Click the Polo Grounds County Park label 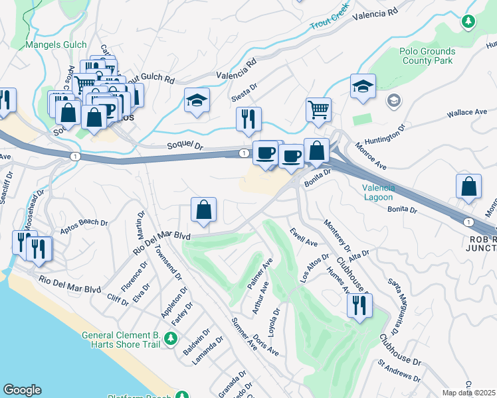pos(427,56)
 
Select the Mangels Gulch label pos(56,45)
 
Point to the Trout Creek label pos(330,19)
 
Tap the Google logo pos(22,390)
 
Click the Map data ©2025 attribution pos(468,393)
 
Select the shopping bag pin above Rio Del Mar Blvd pos(203,210)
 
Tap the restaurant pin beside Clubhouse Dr pos(359,306)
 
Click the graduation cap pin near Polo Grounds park pos(363,87)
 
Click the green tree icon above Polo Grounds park pos(468,21)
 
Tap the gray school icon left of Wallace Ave pos(393,101)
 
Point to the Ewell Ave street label pos(303,237)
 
